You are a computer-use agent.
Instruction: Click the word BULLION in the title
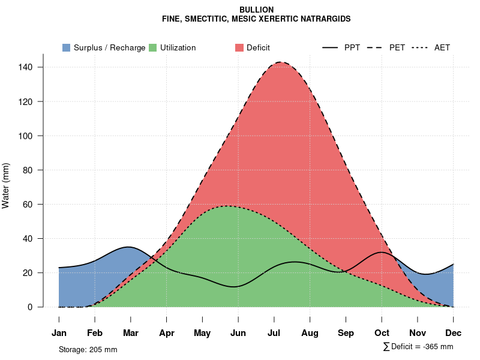coord(256,10)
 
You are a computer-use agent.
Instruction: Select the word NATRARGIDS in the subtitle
coord(328,19)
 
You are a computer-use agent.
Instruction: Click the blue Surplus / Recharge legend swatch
coord(67,47)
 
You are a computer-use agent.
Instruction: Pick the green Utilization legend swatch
coord(153,47)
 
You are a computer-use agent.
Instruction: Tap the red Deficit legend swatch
coord(239,47)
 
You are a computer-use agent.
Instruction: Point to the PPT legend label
coord(352,47)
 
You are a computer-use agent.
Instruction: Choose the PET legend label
coord(397,47)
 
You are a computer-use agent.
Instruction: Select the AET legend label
coord(442,47)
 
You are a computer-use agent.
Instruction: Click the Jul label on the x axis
coord(274,333)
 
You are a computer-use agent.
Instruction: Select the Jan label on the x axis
coord(59,333)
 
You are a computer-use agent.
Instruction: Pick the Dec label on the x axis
coord(454,333)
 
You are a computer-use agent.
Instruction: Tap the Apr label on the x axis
coord(167,333)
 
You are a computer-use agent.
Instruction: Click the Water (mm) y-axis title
coord(6,185)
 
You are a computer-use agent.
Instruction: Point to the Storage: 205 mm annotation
coord(88,349)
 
